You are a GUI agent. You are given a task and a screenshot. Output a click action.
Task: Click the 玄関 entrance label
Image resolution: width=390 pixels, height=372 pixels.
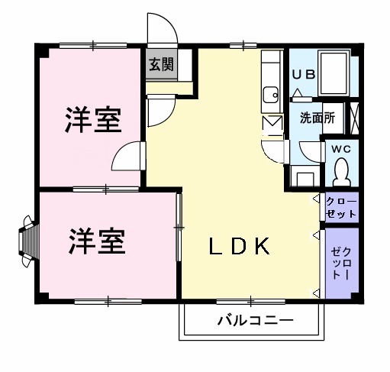[161, 65]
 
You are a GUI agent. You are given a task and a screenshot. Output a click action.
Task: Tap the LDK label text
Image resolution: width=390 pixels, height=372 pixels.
[239, 246]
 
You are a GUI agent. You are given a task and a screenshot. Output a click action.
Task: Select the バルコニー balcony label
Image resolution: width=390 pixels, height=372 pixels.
[249, 320]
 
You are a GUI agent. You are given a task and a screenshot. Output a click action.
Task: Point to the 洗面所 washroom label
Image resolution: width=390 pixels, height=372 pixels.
[314, 118]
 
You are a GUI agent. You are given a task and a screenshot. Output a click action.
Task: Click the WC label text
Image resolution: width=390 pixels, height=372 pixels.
[340, 150]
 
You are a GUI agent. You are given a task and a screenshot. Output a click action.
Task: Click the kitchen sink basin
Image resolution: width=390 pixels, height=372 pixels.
[269, 95]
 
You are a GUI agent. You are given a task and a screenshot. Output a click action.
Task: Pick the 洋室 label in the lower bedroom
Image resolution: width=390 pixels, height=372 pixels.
[97, 241]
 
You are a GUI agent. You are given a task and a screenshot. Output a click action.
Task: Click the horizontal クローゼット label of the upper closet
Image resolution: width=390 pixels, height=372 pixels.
[341, 207]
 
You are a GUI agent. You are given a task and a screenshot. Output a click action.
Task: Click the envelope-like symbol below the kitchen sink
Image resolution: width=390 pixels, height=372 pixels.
[272, 123]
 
